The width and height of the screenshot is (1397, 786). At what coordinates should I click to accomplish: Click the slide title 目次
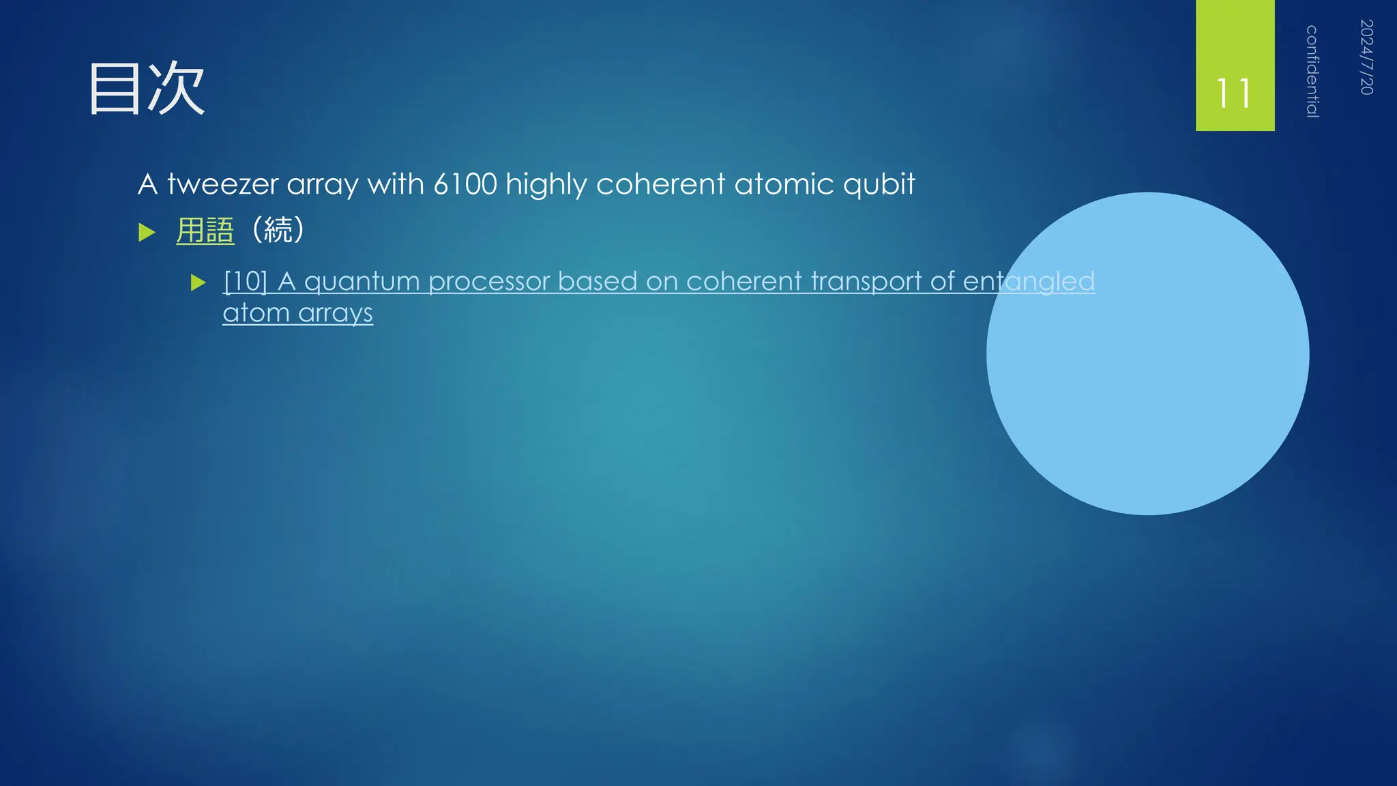click(x=147, y=89)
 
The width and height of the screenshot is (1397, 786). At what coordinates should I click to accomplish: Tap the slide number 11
click(x=1234, y=93)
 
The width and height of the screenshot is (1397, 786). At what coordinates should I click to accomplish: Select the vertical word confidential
click(x=1312, y=71)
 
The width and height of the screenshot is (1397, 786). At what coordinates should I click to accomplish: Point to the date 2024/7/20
click(x=1366, y=57)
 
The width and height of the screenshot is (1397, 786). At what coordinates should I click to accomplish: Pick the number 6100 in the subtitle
click(x=465, y=184)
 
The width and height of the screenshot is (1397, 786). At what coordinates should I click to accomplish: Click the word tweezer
click(x=223, y=184)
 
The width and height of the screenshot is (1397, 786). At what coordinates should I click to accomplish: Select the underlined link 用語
click(x=205, y=231)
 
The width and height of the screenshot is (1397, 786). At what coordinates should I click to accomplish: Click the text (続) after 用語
click(x=278, y=230)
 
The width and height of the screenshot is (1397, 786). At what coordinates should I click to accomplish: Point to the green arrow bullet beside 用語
click(x=147, y=233)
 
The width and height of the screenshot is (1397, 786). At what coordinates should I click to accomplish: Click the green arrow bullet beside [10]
click(x=198, y=282)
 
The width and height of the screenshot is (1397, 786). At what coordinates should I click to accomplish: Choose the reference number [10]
click(x=246, y=281)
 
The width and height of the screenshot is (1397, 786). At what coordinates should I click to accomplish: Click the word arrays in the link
click(x=336, y=314)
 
